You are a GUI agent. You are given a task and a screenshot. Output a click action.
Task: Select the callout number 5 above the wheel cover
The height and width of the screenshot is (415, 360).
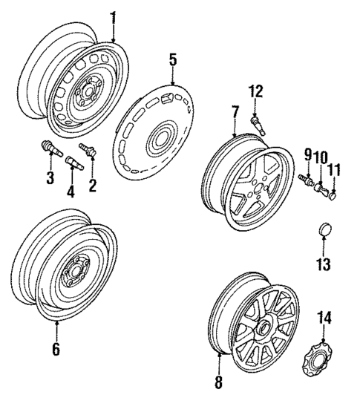[172, 59]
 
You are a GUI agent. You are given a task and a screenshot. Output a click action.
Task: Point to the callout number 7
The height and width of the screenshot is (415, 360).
[235, 113]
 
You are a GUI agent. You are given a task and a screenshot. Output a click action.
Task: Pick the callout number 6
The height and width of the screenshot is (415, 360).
[56, 350]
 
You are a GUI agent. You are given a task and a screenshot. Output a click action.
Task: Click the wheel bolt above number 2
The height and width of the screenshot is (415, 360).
[89, 151]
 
